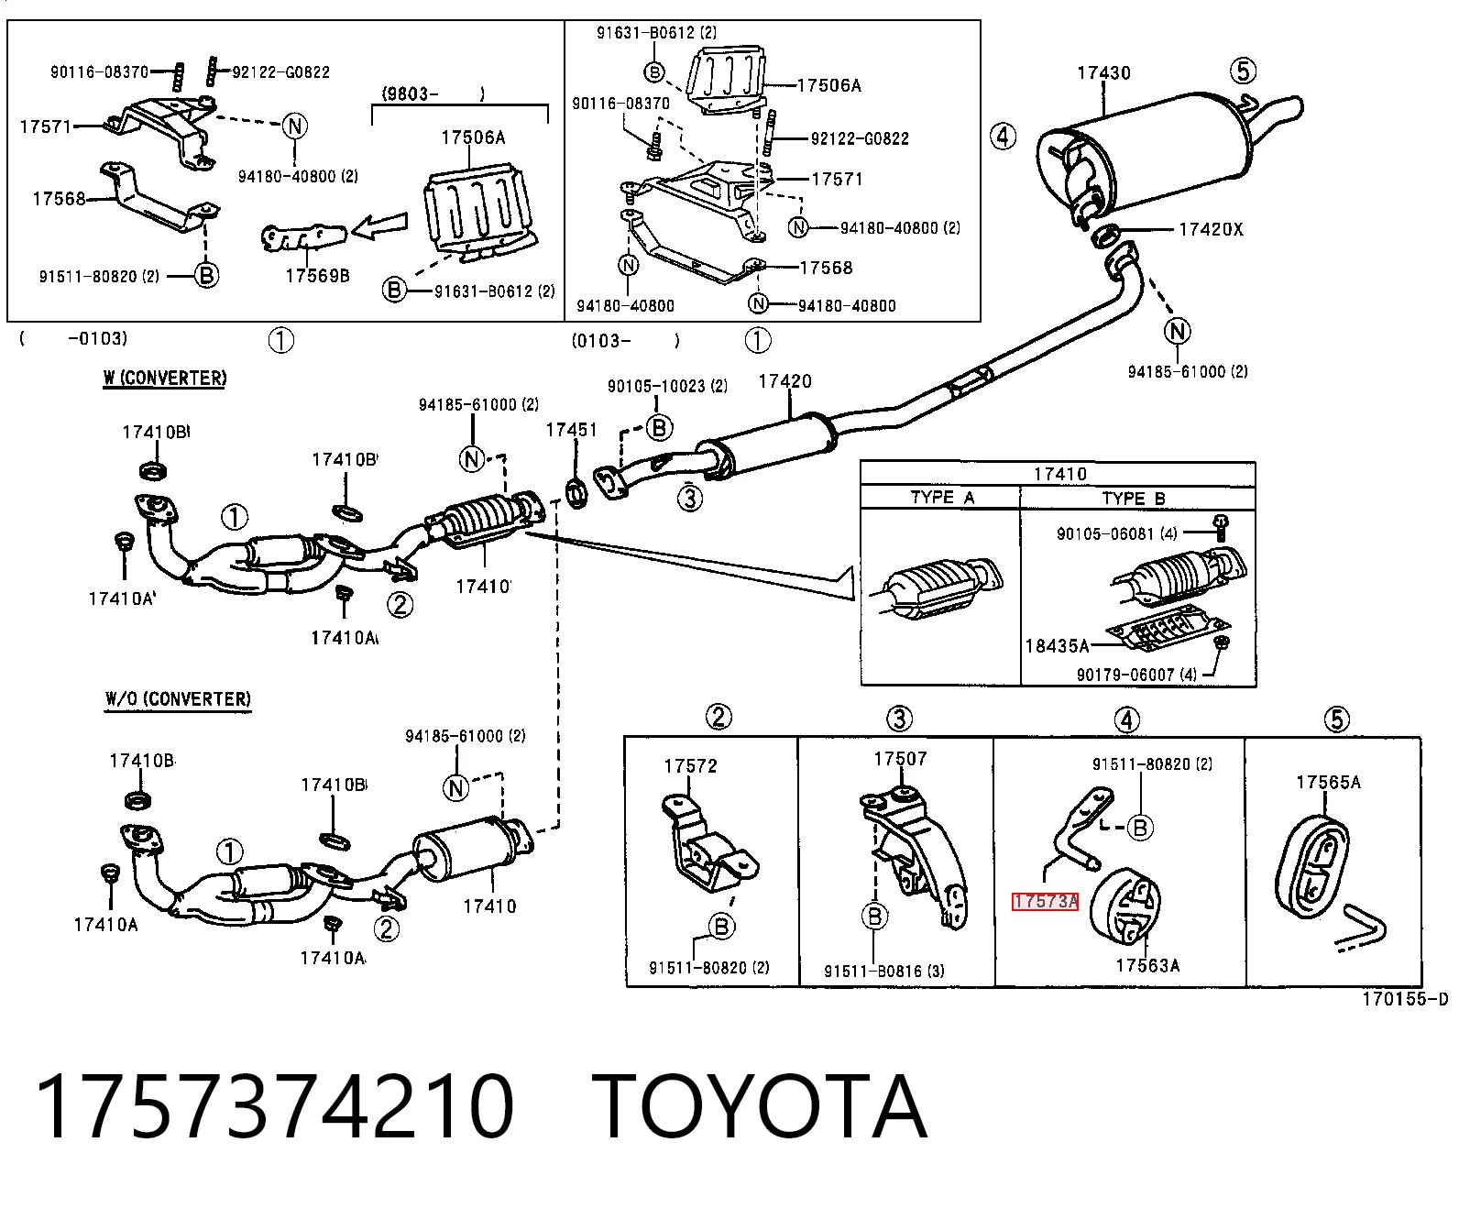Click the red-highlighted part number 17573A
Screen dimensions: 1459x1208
coord(1045,902)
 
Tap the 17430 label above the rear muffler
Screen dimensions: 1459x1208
coord(1104,72)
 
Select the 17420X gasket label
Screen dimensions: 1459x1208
coord(1211,229)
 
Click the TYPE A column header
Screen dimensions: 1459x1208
coord(942,498)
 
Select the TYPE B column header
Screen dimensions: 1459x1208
coord(1134,499)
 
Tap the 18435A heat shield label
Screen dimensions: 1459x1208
coord(1058,646)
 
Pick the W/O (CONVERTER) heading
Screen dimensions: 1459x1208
coord(178,699)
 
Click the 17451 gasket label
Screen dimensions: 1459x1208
coord(572,430)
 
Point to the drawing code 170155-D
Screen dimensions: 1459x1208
coord(1405,999)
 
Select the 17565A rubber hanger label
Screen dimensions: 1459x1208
coord(1328,782)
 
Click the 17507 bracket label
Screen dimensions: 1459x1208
coord(900,759)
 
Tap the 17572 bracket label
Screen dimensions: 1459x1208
coord(690,766)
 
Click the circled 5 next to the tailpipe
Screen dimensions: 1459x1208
coord(1243,71)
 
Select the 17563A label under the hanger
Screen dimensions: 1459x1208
coord(1147,965)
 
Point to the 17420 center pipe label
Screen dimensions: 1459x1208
coord(785,381)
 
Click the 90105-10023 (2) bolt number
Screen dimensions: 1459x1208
coord(667,386)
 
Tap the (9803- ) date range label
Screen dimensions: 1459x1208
coord(433,93)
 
